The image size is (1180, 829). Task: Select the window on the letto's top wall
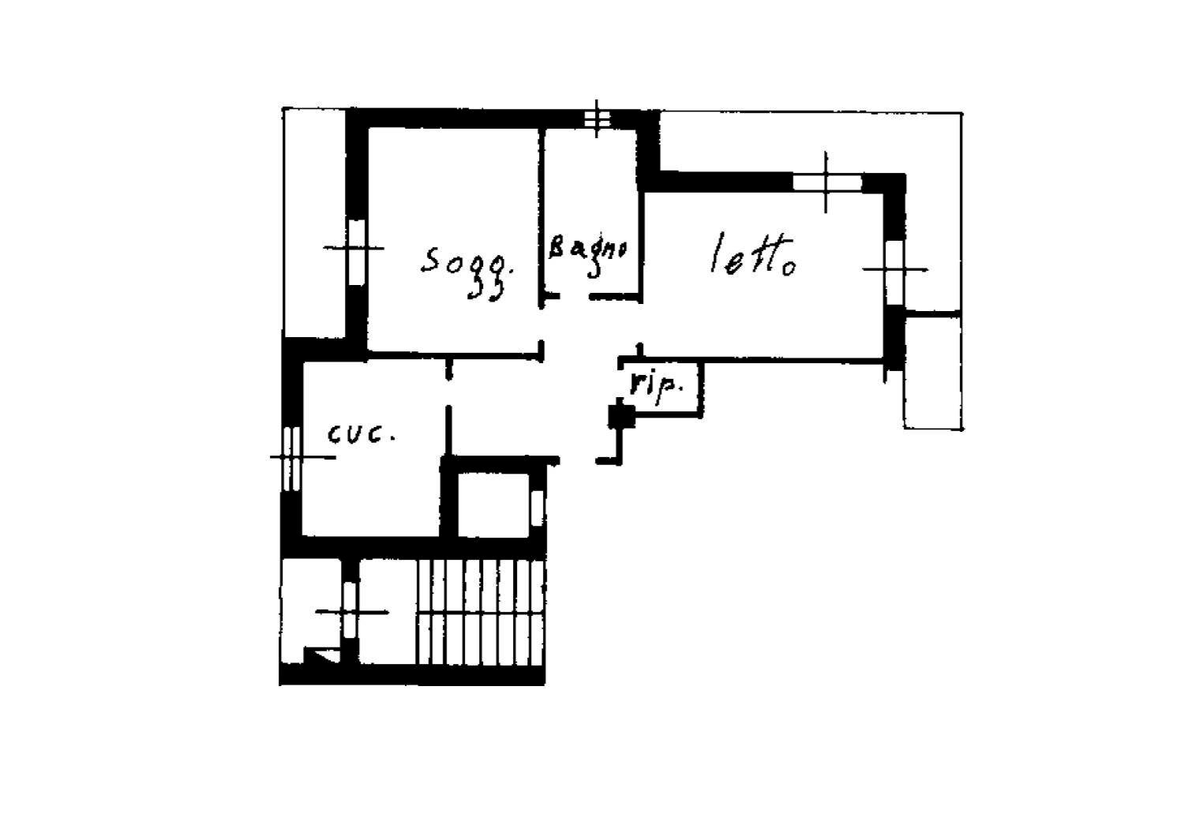(x=826, y=182)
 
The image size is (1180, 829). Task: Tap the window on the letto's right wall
(x=894, y=270)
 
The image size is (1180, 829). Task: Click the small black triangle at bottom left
(x=320, y=656)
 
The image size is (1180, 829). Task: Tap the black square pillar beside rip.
(x=620, y=415)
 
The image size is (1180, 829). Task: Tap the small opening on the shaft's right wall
(x=537, y=506)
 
